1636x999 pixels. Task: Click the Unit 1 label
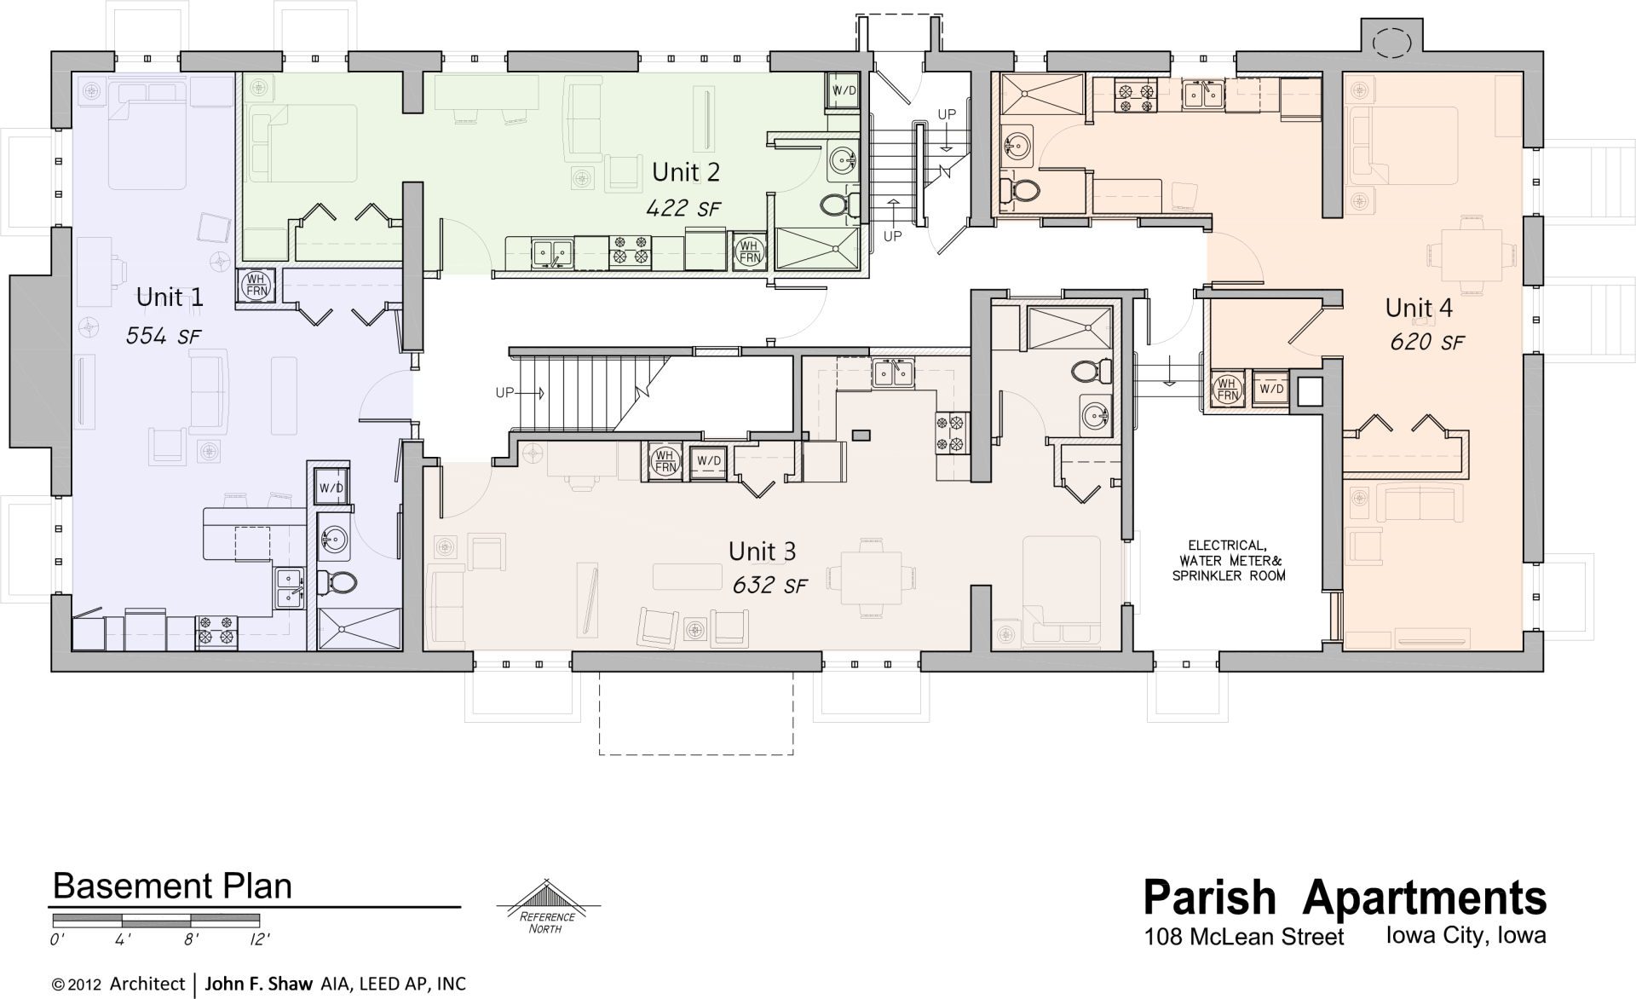170,297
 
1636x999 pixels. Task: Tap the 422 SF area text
683,208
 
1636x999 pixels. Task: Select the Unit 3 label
762,551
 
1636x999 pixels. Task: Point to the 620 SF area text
1426,343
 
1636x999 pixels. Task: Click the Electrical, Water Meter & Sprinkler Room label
1228,560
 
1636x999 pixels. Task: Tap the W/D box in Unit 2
844,90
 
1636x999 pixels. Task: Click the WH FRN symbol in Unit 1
256,285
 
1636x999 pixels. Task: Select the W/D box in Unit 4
1271,389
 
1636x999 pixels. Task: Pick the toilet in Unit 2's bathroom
838,205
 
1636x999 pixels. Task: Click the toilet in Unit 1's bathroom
338,582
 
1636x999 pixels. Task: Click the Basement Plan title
172,886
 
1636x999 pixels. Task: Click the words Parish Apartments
1344,898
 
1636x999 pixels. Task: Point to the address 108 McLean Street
1243,938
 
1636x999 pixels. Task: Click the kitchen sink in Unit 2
551,252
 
